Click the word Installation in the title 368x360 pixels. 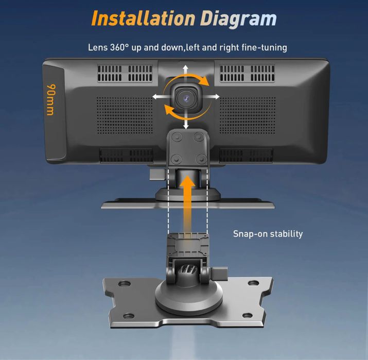pos(143,19)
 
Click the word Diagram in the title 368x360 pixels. pos(239,19)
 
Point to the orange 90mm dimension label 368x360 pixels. pos(51,99)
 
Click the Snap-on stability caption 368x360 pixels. pos(268,234)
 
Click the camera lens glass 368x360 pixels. pos(185,98)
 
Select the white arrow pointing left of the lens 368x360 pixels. pos(161,96)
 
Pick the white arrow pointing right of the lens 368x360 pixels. pos(211,96)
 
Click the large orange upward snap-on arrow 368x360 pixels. pos(187,204)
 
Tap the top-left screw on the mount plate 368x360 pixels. pos(177,136)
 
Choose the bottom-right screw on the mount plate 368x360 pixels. pos(201,159)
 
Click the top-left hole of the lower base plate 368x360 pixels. pos(124,283)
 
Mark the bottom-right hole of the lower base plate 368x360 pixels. pos(248,315)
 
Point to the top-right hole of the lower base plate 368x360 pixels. pos(253,283)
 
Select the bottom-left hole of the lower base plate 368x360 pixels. pos(128,316)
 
